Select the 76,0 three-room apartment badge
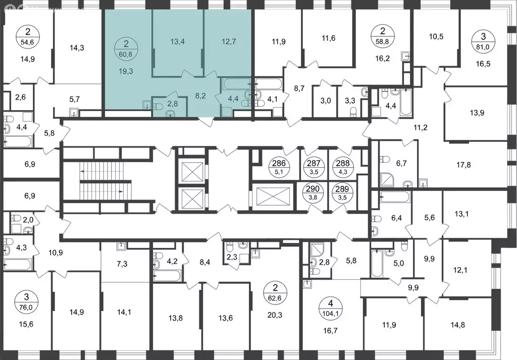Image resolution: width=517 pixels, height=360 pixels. coord(23,298)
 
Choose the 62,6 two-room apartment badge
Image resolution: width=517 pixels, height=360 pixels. coord(275,293)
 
